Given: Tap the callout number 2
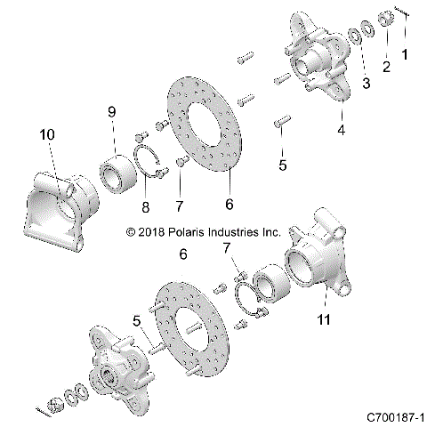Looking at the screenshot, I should [386, 67].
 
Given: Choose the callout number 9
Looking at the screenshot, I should [112, 111].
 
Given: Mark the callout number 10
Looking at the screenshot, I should [46, 134].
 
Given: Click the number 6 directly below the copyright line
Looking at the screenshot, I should [183, 254].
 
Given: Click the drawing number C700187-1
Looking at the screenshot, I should [392, 415].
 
